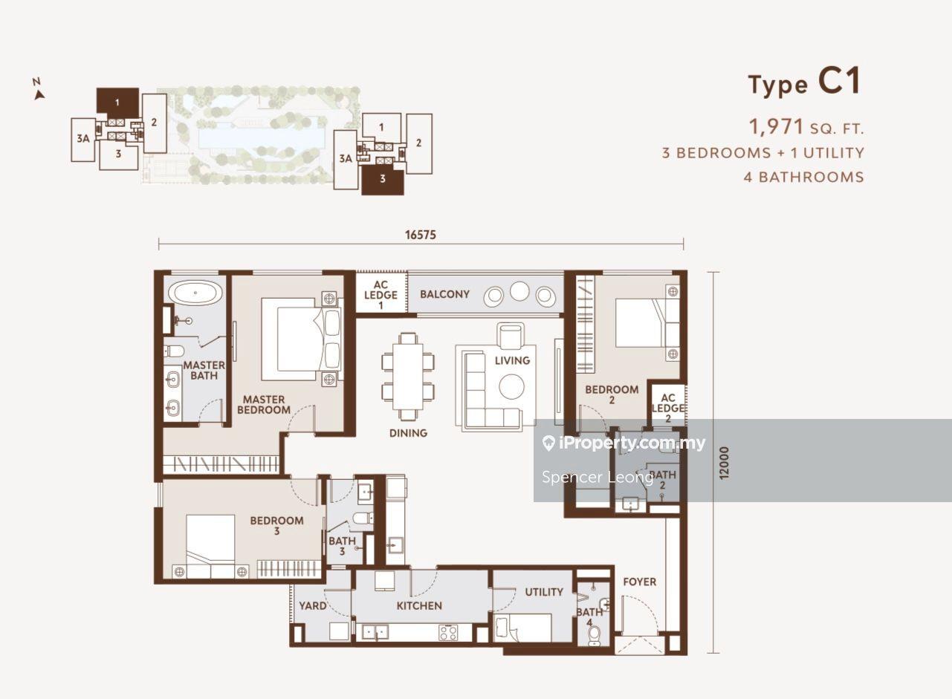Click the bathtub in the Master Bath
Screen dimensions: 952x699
pos(195,293)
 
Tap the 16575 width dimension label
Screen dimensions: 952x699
pos(421,235)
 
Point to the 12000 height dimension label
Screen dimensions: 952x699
pos(724,464)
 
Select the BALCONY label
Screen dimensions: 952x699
pos(444,294)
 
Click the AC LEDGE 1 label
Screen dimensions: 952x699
pos(381,295)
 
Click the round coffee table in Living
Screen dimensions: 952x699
pos(511,387)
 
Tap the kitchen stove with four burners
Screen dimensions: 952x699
pos(449,632)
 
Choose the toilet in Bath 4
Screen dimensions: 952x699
pos(595,636)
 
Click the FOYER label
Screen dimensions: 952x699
pos(640,582)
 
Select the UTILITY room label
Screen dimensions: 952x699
pos(544,592)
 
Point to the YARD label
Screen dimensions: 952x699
pos(313,605)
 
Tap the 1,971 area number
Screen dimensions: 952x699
pos(776,126)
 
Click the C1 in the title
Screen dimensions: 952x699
pos(840,81)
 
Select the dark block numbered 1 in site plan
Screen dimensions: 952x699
pos(117,103)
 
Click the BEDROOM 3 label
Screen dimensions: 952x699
pos(276,525)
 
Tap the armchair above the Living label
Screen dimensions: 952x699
pos(511,336)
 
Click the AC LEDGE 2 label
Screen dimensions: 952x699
pos(668,408)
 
